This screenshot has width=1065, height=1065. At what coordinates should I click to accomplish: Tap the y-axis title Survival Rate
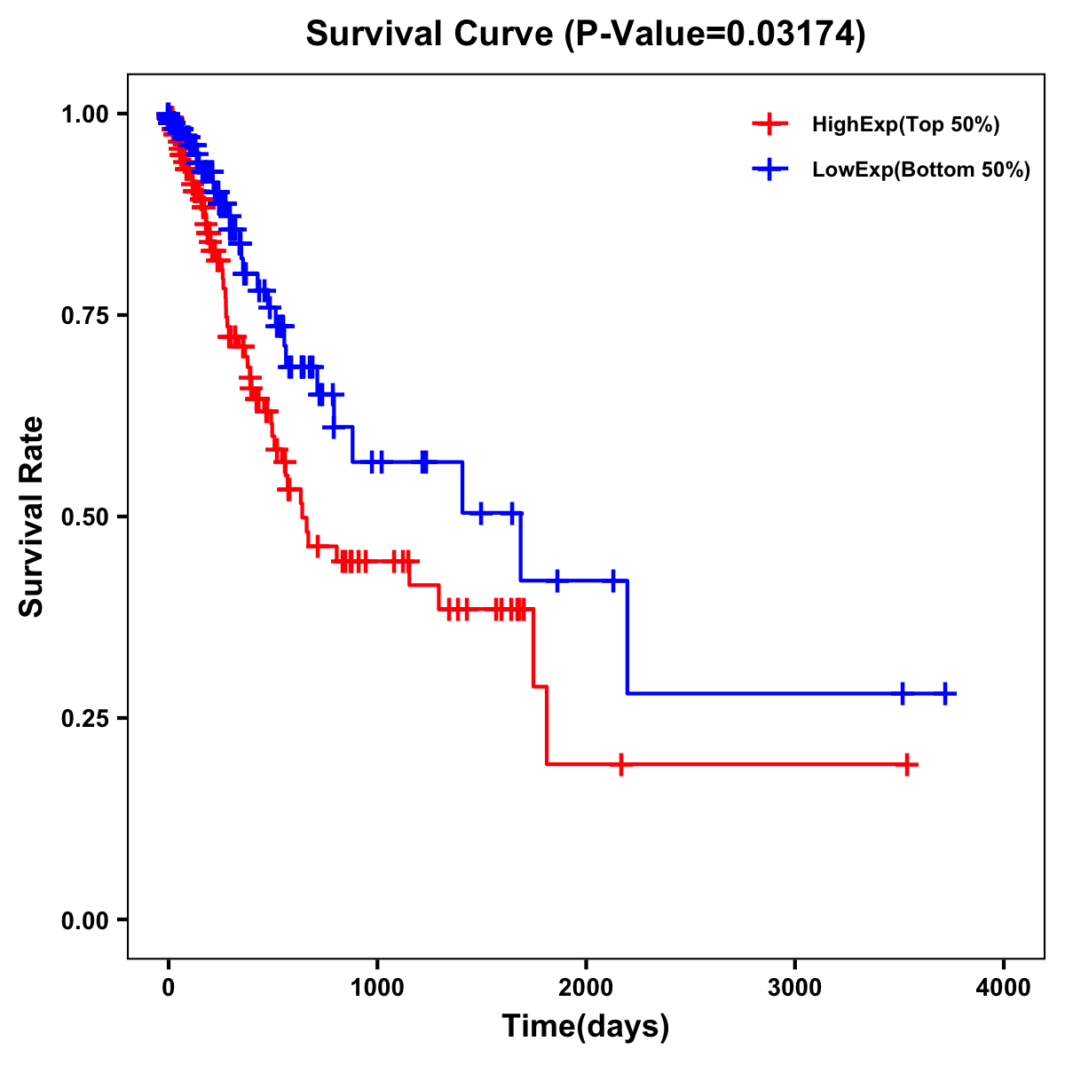32,516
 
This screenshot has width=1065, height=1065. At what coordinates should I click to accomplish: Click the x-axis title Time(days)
585,1026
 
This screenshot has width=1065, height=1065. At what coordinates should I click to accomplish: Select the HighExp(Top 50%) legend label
905,125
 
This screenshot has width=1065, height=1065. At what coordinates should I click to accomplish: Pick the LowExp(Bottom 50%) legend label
921,170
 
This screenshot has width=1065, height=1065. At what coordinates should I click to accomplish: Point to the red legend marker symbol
769,124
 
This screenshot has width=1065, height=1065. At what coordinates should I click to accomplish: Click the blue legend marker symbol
769,170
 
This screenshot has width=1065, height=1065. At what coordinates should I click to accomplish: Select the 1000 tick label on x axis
377,987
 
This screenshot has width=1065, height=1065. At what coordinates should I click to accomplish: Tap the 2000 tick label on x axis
586,987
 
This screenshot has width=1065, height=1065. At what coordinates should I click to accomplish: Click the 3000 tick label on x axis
794,987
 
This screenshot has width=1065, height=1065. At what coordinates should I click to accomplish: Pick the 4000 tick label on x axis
1004,987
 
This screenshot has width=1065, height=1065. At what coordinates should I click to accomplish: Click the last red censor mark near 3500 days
907,764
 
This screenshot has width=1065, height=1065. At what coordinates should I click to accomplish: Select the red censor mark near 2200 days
621,764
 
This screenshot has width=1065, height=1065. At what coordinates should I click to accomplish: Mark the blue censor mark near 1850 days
557,580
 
